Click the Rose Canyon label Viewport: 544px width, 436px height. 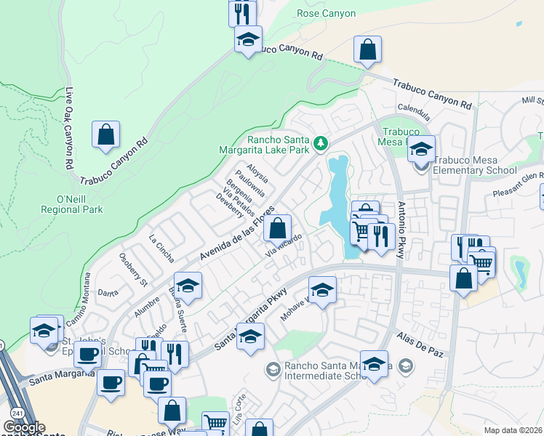click(x=327, y=13)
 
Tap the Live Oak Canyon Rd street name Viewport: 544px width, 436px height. click(x=71, y=129)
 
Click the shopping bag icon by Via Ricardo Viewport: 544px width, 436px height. click(x=277, y=228)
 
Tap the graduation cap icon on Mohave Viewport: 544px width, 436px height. click(x=322, y=289)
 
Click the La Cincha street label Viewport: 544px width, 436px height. click(x=162, y=247)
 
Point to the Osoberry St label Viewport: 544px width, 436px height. click(x=132, y=268)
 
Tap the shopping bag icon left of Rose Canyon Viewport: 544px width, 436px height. click(x=368, y=50)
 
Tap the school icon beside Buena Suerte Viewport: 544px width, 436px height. click(x=187, y=286)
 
